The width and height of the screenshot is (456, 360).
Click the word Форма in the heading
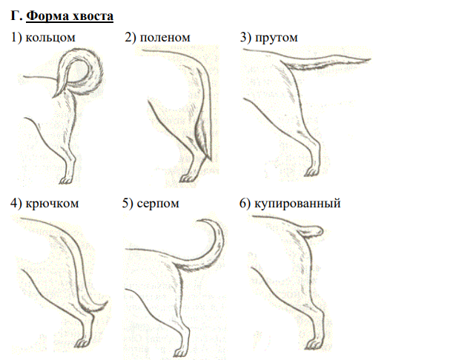[47, 16]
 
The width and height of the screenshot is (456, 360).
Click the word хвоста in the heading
[93, 16]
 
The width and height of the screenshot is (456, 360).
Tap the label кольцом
[50, 38]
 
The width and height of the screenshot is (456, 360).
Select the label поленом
[165, 38]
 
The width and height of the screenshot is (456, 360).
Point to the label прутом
[277, 38]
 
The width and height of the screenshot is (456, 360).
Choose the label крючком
[52, 203]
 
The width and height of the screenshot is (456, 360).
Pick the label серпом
[158, 204]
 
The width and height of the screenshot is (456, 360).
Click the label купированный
[297, 204]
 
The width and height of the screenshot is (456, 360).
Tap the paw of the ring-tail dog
[66, 181]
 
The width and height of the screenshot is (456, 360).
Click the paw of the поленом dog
[187, 178]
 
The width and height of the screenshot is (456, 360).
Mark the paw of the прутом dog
[311, 172]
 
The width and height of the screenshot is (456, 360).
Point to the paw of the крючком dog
[84, 341]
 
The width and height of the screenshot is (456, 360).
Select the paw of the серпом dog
[180, 352]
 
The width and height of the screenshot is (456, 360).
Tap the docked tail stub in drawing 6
[311, 232]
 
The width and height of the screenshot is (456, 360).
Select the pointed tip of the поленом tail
[211, 161]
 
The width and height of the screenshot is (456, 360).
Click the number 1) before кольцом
[16, 38]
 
